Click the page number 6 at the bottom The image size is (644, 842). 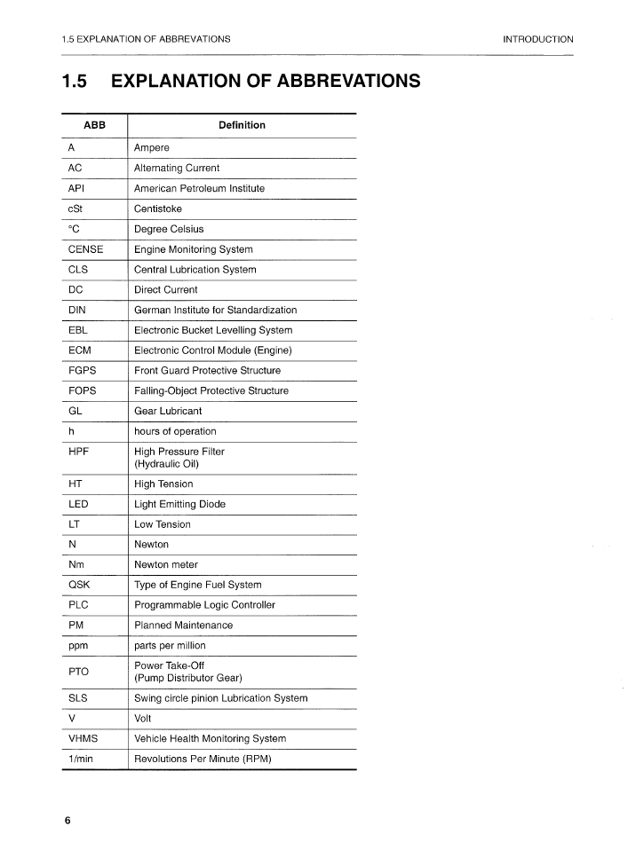[67, 820]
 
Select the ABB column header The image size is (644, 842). [94, 125]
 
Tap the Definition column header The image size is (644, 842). [242, 125]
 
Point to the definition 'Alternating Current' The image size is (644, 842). [177, 168]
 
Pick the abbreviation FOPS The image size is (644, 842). [83, 390]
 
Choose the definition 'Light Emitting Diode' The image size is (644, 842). [179, 504]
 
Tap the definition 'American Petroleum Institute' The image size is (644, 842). [199, 188]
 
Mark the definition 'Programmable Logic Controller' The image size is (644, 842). [204, 605]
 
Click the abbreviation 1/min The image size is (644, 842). [81, 759]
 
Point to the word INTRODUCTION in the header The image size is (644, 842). [537, 39]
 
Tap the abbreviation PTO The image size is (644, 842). [79, 672]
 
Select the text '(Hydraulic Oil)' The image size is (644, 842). [166, 464]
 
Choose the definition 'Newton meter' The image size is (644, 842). [166, 564]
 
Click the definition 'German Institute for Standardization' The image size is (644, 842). [215, 310]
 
